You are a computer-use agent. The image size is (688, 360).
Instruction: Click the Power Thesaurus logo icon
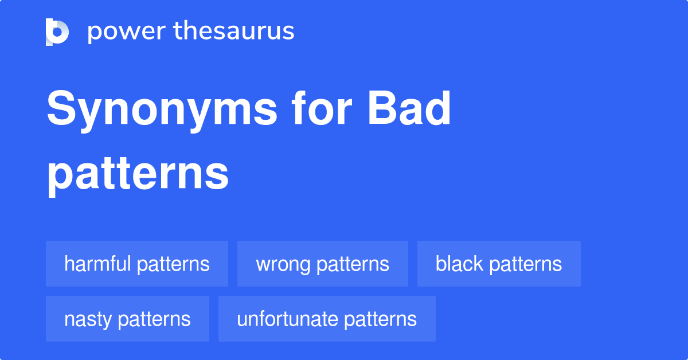pyautogui.click(x=57, y=32)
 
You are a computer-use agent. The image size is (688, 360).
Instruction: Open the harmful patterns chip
pyautogui.click(x=137, y=264)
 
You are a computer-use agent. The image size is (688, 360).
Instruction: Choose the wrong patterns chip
pyautogui.click(x=323, y=264)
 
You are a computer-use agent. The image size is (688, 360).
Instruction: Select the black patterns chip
pyautogui.click(x=499, y=264)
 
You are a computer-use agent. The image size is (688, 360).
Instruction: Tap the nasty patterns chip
pyautogui.click(x=127, y=319)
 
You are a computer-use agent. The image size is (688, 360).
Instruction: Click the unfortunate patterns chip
pyautogui.click(x=327, y=319)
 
